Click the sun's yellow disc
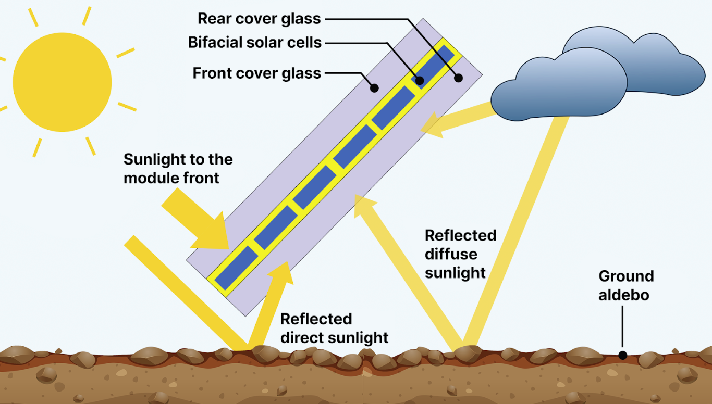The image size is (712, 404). click(62, 82)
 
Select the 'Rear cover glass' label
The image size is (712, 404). click(259, 19)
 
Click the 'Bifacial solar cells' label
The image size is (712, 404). click(255, 42)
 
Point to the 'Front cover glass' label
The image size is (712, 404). click(256, 73)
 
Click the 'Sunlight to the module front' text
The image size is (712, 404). click(178, 168)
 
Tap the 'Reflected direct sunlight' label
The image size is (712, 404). click(334, 328)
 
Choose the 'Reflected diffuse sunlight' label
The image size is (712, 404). click(460, 254)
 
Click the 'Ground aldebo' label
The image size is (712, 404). click(625, 285)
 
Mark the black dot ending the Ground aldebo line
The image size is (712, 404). click(622, 355)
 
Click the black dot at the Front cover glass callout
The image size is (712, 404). click(374, 89)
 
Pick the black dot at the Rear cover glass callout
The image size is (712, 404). click(458, 78)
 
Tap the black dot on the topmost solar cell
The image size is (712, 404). click(420, 80)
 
